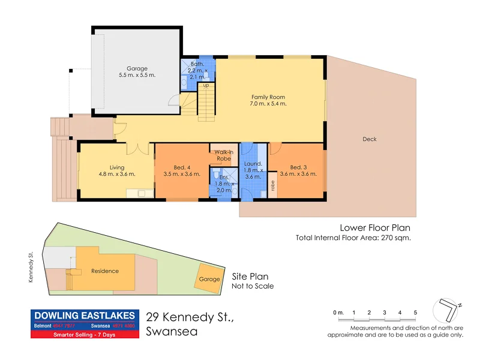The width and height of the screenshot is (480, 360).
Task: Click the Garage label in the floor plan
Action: [x=137, y=69]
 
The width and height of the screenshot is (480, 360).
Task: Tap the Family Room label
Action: [x=268, y=97]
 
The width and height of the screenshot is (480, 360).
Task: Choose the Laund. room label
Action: [x=253, y=164]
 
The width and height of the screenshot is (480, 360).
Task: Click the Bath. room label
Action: [x=198, y=64]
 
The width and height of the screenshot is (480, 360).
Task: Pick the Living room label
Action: [x=116, y=167]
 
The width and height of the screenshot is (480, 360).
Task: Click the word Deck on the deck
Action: [x=370, y=139]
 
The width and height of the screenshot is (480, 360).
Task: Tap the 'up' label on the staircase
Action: [x=206, y=85]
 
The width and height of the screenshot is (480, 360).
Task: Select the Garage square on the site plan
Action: [x=209, y=280]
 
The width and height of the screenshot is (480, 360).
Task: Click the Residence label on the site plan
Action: [x=105, y=271]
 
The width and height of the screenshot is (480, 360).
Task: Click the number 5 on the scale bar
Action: [x=415, y=313]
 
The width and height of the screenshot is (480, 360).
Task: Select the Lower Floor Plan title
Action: [x=375, y=227]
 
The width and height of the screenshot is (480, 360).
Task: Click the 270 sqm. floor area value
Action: [x=397, y=238]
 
